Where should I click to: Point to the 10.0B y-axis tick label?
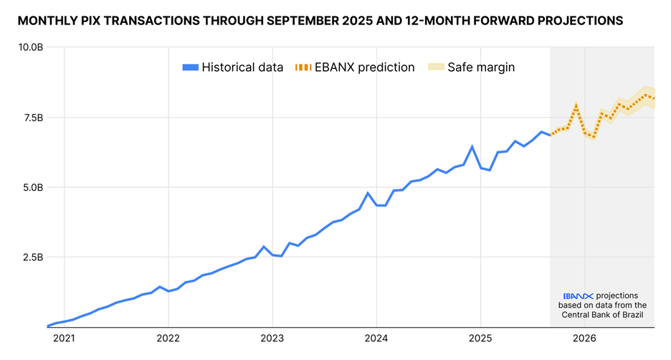pos(31,47)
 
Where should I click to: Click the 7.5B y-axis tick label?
pos(33,118)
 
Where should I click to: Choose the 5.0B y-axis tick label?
pos(33,188)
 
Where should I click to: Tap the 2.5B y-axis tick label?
pos(33,257)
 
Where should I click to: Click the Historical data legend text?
pos(237,67)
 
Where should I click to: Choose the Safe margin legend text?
pos(481,67)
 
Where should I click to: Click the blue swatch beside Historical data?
pos(191,67)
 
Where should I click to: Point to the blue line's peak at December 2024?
pos(472,146)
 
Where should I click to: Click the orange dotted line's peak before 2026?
pos(576,106)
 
